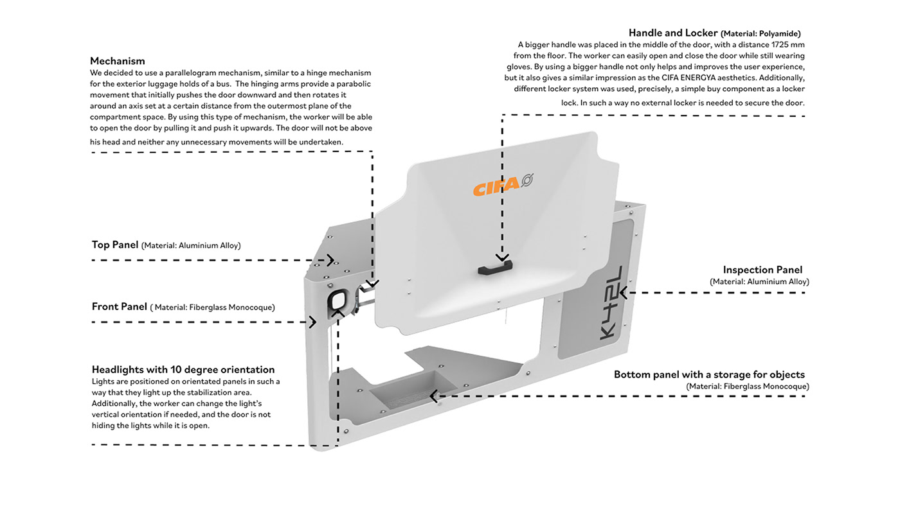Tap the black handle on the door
494,267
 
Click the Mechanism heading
118,61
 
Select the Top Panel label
115,245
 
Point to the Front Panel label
120,307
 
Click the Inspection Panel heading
762,270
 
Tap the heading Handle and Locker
673,33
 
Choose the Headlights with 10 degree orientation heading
183,370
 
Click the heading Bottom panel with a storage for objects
709,374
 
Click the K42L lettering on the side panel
607,301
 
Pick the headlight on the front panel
339,300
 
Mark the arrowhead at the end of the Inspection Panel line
624,293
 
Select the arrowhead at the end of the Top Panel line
330,260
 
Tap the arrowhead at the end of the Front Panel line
313,322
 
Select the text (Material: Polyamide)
760,33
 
